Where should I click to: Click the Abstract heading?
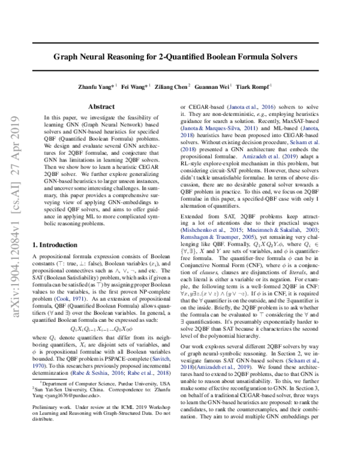[101, 106]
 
